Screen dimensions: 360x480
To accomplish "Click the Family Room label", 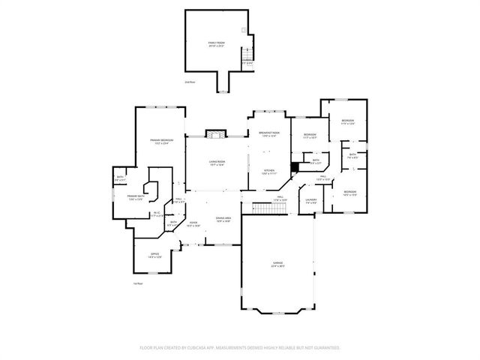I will (217, 43).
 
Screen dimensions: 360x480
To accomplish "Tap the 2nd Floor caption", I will (190, 81).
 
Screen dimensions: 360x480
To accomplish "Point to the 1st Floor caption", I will (137, 283).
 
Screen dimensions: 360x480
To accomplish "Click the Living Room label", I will (217, 163).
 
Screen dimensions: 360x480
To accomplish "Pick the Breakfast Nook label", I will (268, 134).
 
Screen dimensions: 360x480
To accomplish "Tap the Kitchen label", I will (269, 172).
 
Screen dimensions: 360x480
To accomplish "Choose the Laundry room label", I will (312, 200).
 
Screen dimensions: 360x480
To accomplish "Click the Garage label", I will (277, 263).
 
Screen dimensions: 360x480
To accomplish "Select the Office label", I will (154, 255).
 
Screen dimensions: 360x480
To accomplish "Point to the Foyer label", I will (193, 223).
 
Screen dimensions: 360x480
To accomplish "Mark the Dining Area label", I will (223, 219).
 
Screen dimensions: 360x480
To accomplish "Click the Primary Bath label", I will (136, 197).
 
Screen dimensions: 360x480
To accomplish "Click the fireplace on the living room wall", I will (216, 134).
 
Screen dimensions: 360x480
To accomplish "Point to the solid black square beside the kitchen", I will (295, 167).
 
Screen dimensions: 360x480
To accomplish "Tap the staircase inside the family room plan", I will (247, 56).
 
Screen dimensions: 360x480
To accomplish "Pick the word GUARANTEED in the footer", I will (325, 348).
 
